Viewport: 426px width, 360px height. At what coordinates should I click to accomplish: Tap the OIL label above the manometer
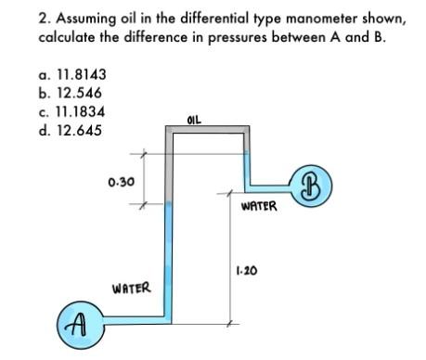193,119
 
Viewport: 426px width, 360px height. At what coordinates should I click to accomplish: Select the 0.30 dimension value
119,182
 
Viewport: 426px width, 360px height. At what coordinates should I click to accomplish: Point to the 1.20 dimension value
246,271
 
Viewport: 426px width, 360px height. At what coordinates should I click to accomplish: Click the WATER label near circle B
258,206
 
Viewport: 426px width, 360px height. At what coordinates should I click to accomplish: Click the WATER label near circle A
130,289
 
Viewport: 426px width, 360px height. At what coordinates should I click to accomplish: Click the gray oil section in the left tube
169,167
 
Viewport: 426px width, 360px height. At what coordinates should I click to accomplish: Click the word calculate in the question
67,39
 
